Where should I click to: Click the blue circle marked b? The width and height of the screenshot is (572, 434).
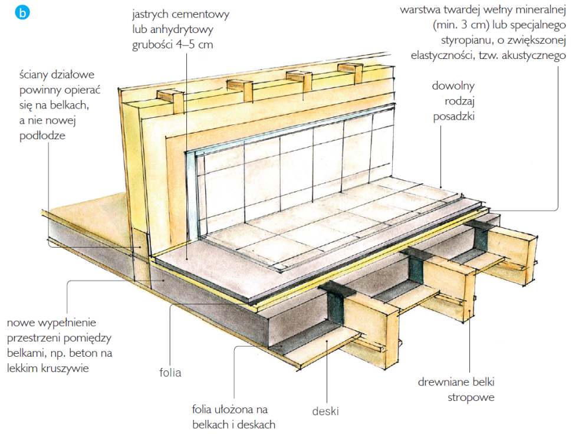(x=23, y=13)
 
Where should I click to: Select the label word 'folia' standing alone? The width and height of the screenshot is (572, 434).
(x=170, y=373)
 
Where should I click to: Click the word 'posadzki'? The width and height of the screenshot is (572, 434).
(x=455, y=116)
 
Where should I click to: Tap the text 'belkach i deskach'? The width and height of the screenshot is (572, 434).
(x=234, y=424)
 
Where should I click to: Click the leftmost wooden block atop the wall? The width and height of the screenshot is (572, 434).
(x=167, y=100)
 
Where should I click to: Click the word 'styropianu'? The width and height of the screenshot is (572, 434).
(x=466, y=41)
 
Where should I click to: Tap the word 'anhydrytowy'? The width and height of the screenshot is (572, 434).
(x=173, y=29)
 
